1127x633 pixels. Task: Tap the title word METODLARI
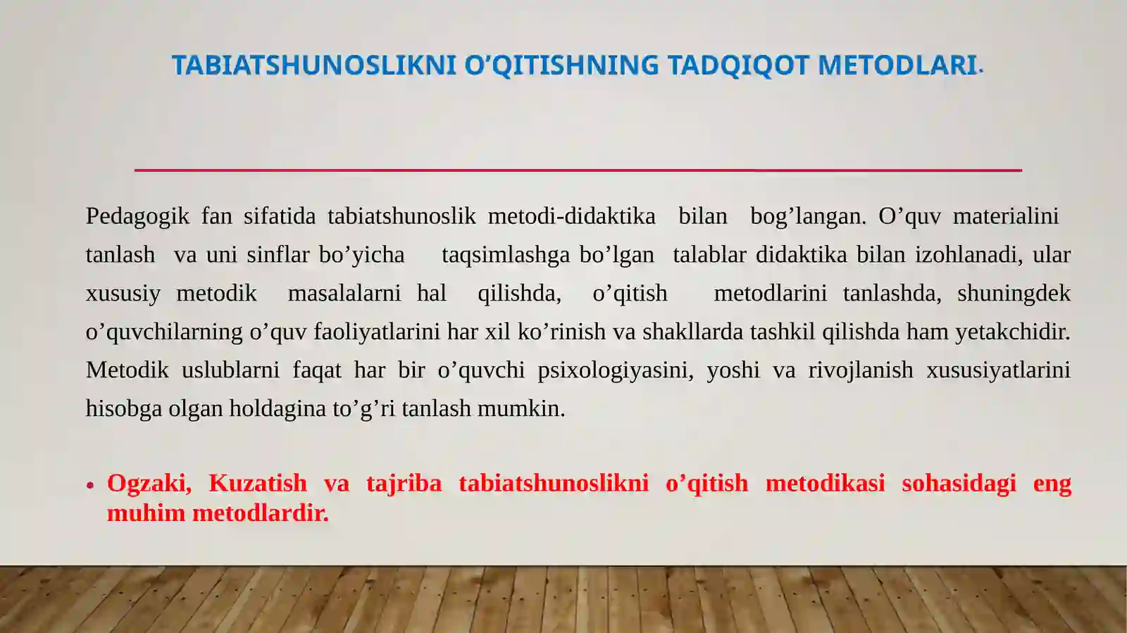click(897, 65)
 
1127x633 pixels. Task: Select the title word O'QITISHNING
click(561, 65)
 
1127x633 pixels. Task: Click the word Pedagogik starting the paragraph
click(137, 216)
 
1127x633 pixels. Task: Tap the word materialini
click(1005, 216)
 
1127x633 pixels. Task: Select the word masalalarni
click(344, 293)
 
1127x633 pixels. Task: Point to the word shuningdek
click(1014, 293)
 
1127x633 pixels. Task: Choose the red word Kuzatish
click(258, 484)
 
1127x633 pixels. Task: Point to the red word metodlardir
click(261, 513)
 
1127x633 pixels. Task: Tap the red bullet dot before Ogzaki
click(90, 485)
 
